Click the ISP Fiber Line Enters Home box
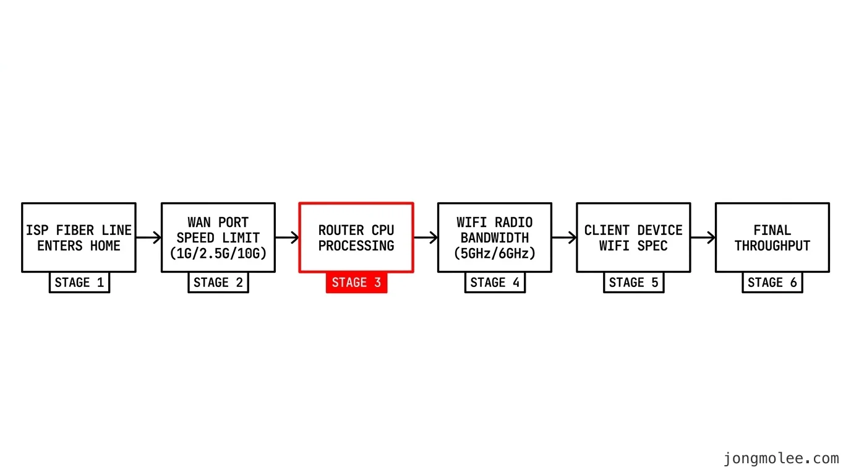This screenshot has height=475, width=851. pyautogui.click(x=79, y=237)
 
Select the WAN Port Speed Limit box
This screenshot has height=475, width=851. pyautogui.click(x=218, y=237)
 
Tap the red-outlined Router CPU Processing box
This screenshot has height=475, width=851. pyautogui.click(x=356, y=237)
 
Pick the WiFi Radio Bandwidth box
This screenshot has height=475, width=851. pyautogui.click(x=495, y=237)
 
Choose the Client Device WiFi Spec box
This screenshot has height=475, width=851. pyautogui.click(x=633, y=237)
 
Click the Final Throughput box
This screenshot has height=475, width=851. pyautogui.click(x=772, y=237)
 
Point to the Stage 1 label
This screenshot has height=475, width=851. pyautogui.click(x=79, y=282)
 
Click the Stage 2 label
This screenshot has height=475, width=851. pyautogui.click(x=218, y=282)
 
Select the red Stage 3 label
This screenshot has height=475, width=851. pyautogui.click(x=357, y=282)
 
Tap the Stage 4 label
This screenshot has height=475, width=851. pyautogui.click(x=495, y=282)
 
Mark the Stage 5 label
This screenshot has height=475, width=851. pyautogui.click(x=634, y=282)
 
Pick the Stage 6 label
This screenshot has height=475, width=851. pyautogui.click(x=772, y=282)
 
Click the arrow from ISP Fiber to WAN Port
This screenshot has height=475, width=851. pyautogui.click(x=148, y=237)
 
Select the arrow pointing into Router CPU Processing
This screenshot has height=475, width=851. pyautogui.click(x=287, y=237)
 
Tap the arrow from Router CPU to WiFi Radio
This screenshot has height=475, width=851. pyautogui.click(x=426, y=237)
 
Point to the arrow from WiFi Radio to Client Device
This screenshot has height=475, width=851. pyautogui.click(x=564, y=237)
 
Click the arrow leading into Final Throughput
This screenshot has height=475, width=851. pyautogui.click(x=703, y=237)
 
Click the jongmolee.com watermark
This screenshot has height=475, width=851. pyautogui.click(x=781, y=458)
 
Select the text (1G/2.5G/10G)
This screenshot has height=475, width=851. pyautogui.click(x=218, y=254)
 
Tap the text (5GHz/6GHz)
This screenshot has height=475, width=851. pyautogui.click(x=495, y=254)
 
